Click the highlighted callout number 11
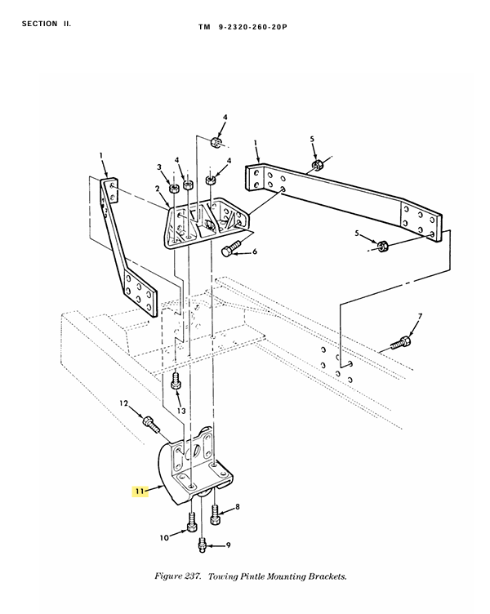(140, 491)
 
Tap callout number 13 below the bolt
(181, 411)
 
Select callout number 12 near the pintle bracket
(124, 403)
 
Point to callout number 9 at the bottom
(228, 545)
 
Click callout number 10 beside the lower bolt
(164, 537)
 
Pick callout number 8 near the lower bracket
(238, 507)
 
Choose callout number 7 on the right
(420, 316)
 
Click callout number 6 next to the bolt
(255, 251)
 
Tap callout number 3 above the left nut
(159, 167)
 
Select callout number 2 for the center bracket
(158, 189)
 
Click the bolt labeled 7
(402, 343)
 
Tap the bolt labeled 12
(150, 425)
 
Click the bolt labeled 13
(176, 381)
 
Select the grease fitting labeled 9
(202, 545)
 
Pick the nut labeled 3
(173, 188)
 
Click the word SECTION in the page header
(39, 24)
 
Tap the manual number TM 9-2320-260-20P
(243, 27)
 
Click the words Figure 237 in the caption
(178, 576)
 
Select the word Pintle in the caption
(252, 576)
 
